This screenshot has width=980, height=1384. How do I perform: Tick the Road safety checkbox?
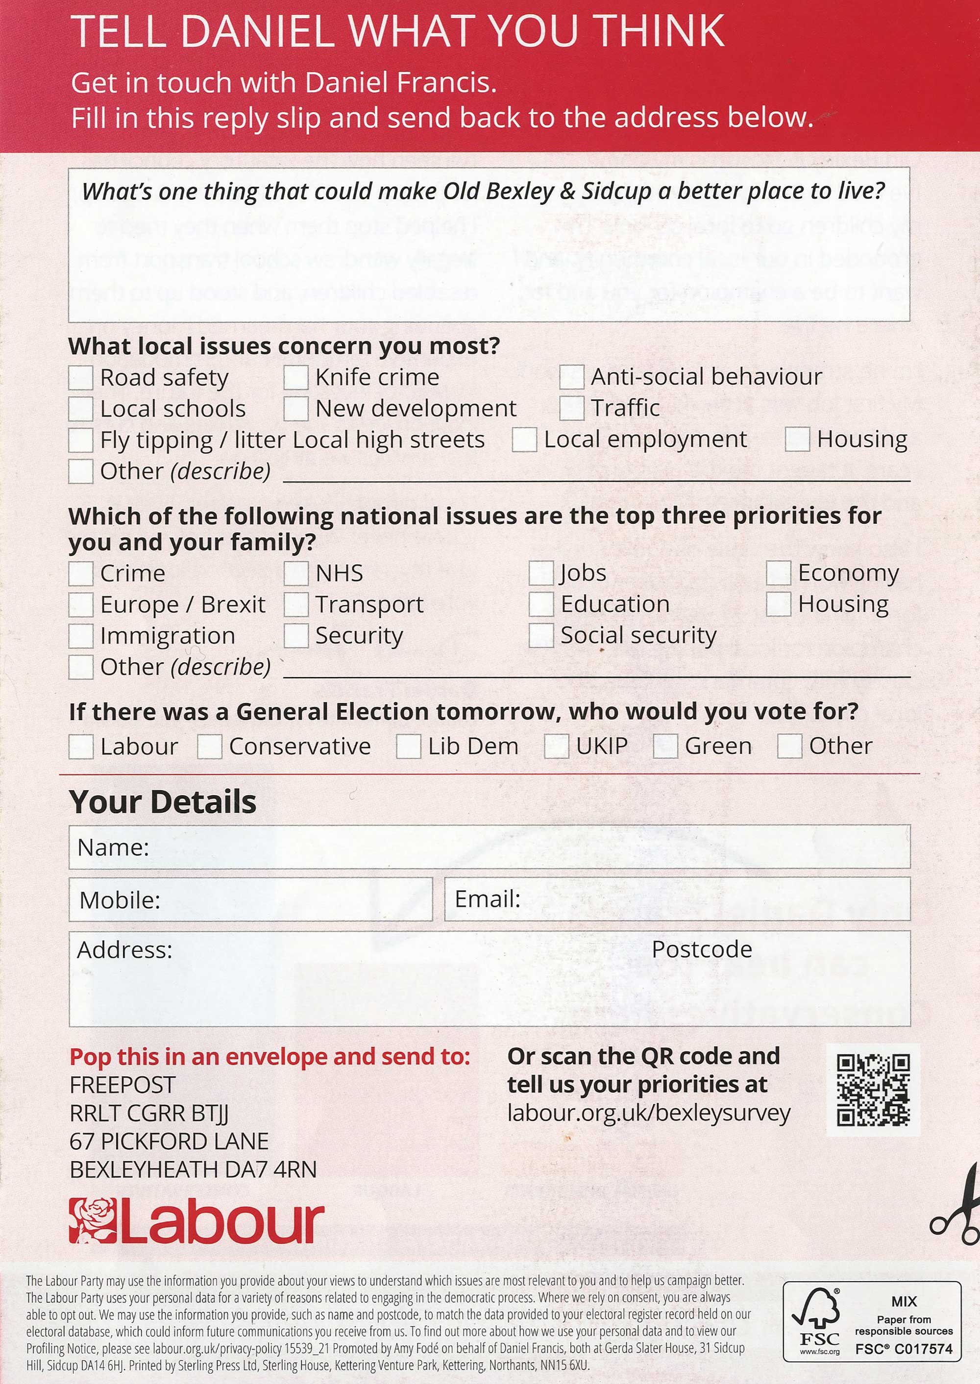pyautogui.click(x=80, y=378)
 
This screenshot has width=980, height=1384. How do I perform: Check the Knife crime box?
pyautogui.click(x=295, y=378)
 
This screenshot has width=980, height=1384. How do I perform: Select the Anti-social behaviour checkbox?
pyautogui.click(x=571, y=377)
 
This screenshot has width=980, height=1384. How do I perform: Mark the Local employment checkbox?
pyautogui.click(x=524, y=440)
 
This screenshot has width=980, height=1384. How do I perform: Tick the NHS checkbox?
pyautogui.click(x=295, y=573)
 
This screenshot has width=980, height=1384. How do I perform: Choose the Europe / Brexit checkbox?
pyautogui.click(x=80, y=605)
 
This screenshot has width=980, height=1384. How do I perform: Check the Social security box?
pyautogui.click(x=540, y=635)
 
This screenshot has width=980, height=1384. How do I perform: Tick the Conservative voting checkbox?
pyautogui.click(x=209, y=747)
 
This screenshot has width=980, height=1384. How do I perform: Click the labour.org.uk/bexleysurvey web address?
pyautogui.click(x=648, y=1113)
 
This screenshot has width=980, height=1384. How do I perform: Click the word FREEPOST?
pyautogui.click(x=122, y=1085)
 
